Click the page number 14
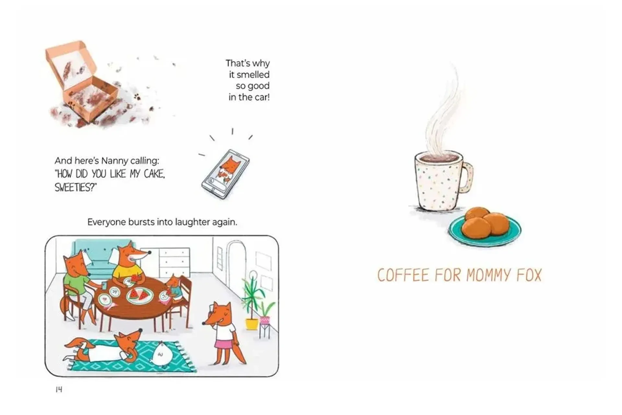(59, 389)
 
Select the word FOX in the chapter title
(529, 275)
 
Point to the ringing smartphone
(225, 174)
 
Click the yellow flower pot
(252, 324)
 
